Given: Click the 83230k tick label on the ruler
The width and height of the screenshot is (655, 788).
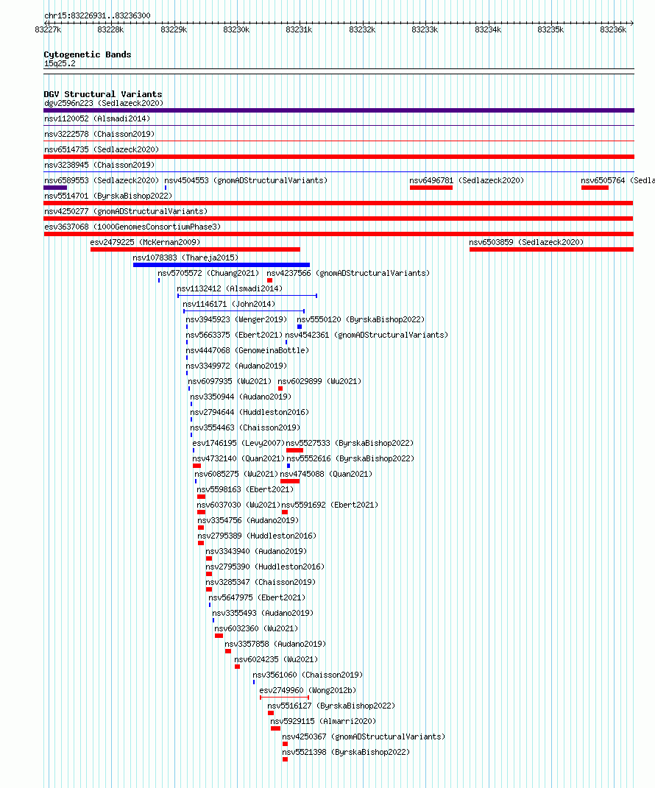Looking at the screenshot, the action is coord(236,29).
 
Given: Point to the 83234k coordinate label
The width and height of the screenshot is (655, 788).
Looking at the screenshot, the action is coord(488,29).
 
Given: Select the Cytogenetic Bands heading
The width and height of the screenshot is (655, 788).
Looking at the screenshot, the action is coord(88,54).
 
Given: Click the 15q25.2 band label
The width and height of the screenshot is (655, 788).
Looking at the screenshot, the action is coord(60,64).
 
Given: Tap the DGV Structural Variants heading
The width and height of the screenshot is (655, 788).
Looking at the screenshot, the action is coord(103,94).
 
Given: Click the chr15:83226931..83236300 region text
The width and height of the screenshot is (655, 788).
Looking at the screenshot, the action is coord(98,15).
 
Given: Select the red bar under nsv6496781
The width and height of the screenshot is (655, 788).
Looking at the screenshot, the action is coord(431,188).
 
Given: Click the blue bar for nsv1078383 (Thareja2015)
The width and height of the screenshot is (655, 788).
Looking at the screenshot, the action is coord(222,265).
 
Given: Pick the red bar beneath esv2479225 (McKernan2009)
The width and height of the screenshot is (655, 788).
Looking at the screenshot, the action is coord(196,249).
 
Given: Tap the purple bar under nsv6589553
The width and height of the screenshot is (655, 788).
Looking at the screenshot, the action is coord(55,188).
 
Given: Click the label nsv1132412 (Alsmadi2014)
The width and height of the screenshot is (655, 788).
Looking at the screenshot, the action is coord(230,289).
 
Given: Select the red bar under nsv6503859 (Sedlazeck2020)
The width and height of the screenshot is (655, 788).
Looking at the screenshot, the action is coord(551,249).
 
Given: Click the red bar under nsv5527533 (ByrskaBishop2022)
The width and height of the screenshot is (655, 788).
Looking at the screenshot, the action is coord(294,450).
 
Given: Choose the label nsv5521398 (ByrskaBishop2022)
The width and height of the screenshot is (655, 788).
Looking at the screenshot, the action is coord(346,753).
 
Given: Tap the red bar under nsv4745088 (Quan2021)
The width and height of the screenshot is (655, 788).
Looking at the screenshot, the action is coord(290,481).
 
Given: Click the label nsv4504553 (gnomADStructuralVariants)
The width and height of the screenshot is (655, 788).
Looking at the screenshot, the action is coord(246,180).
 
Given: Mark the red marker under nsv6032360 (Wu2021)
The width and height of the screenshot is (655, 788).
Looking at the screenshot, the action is coord(219,636).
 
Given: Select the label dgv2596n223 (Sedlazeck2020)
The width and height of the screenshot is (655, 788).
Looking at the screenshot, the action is coord(104,104).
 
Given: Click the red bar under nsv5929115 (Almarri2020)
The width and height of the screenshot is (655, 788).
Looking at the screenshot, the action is coord(275,728).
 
